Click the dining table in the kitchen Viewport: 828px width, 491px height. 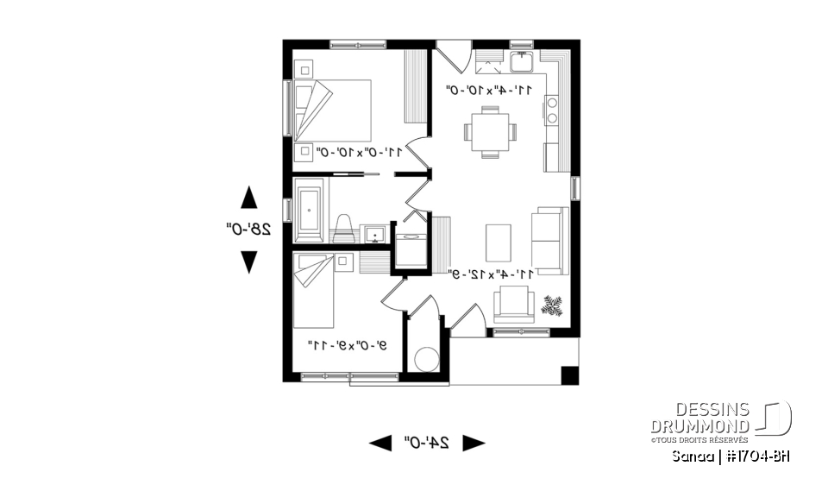pos(489,132)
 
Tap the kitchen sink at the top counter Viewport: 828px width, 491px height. pos(522,61)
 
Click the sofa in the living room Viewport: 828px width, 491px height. pos(549,240)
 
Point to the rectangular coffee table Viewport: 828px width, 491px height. pos(498,241)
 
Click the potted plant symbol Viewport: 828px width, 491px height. pos(552,305)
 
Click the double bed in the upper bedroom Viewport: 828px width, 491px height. pos(334,110)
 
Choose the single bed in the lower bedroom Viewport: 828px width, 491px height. pos(313,291)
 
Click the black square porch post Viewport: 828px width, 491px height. pos(569,375)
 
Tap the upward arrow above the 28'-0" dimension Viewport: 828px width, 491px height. pos(248,198)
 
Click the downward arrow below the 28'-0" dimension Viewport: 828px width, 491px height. pos(248,261)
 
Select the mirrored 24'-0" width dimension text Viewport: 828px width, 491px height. pos(427,443)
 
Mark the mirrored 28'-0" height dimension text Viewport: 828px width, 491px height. pos(248,229)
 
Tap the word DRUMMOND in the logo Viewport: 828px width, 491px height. pos(701,425)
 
